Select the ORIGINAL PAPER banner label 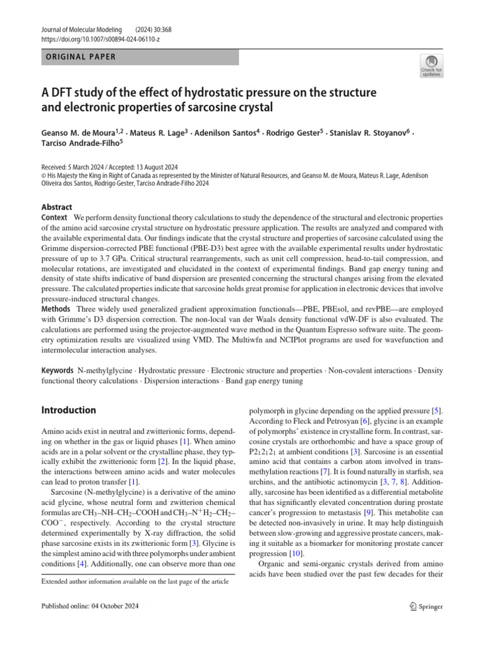[x=80, y=57]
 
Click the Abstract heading [x=57, y=207]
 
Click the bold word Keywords [x=58, y=370]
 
